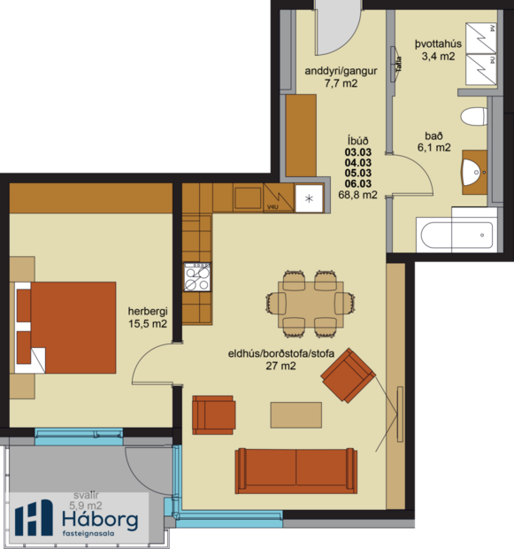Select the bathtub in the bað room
tap(456, 235)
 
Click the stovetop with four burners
tap(196, 278)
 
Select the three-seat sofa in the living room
tap(295, 470)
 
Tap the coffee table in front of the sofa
tap(296, 414)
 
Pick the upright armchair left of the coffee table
tap(214, 414)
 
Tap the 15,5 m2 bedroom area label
tap(148, 325)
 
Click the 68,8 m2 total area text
tap(360, 195)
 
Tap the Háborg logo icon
tap(35, 519)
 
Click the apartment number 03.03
tap(358, 151)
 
